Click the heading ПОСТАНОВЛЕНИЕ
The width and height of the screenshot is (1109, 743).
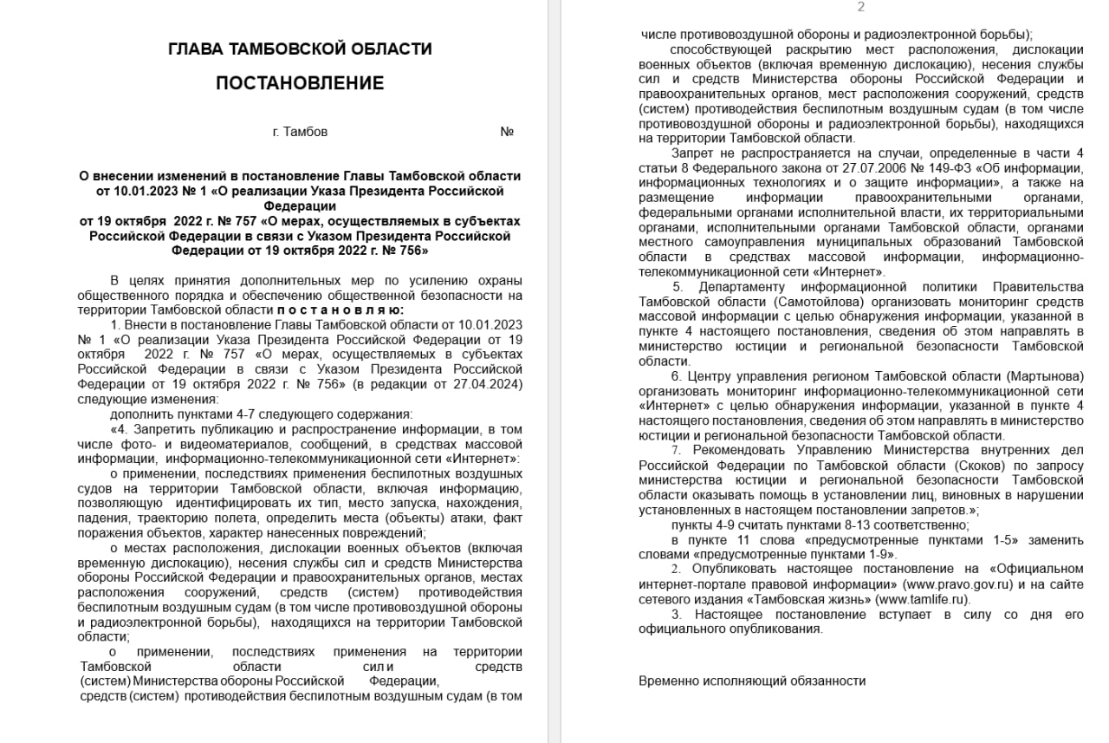(x=300, y=83)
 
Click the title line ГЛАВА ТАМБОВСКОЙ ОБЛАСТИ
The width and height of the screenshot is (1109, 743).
(x=300, y=49)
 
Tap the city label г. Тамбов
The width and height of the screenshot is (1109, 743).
(x=300, y=132)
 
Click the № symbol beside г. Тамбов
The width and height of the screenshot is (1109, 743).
(x=507, y=132)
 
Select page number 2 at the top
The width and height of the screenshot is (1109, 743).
(x=860, y=7)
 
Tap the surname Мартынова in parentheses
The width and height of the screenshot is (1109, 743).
(x=1045, y=376)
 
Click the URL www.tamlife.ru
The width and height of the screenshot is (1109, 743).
(x=920, y=599)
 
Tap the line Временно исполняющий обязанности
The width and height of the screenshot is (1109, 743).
(x=752, y=681)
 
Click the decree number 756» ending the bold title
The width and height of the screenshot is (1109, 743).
(x=408, y=250)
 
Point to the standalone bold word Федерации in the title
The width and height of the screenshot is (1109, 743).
(x=300, y=205)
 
